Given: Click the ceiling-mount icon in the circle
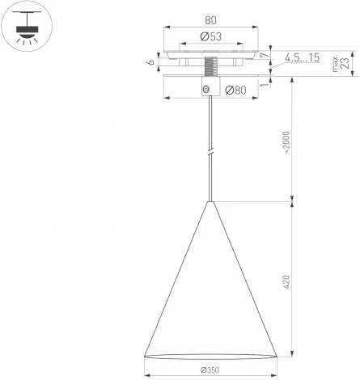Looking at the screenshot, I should pyautogui.click(x=27, y=27).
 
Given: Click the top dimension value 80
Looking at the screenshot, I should pyautogui.click(x=210, y=20).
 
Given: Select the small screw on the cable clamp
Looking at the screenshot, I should pyautogui.click(x=207, y=89).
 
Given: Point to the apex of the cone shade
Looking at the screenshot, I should pyautogui.click(x=210, y=202).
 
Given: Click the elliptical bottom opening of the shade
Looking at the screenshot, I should pyautogui.click(x=210, y=356).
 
